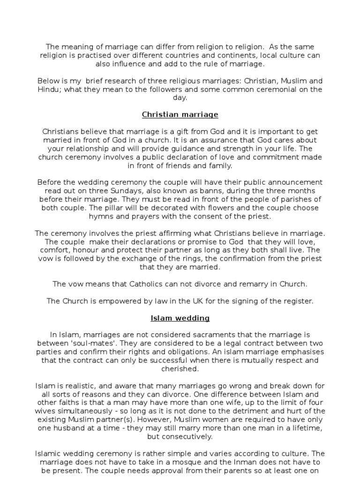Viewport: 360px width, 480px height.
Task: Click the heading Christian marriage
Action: (x=180, y=114)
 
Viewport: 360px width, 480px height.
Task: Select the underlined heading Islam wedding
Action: (x=180, y=318)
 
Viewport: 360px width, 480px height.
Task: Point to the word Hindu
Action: (x=48, y=90)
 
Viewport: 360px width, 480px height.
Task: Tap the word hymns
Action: (x=100, y=216)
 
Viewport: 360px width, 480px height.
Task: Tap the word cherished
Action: (x=180, y=369)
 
